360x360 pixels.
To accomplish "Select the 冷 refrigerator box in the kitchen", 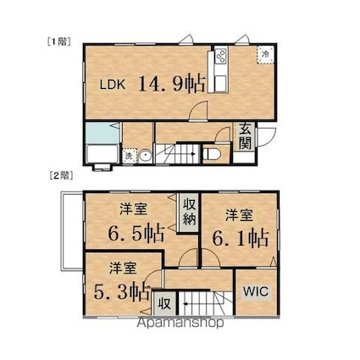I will pos(264,53).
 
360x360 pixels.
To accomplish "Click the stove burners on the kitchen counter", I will pos(220,57).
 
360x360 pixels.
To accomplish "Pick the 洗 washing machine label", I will pos(129,156).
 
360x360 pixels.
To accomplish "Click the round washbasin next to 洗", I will pos(145,155).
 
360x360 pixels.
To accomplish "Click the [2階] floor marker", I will pos(59,175).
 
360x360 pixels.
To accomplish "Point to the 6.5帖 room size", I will pos(136,230).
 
